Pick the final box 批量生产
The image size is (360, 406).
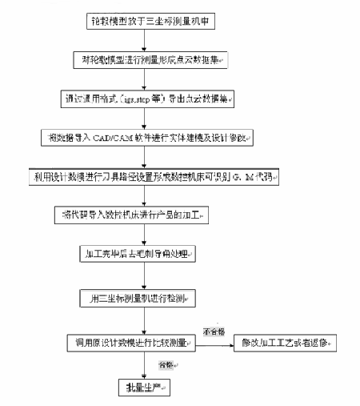(x=144, y=388)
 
